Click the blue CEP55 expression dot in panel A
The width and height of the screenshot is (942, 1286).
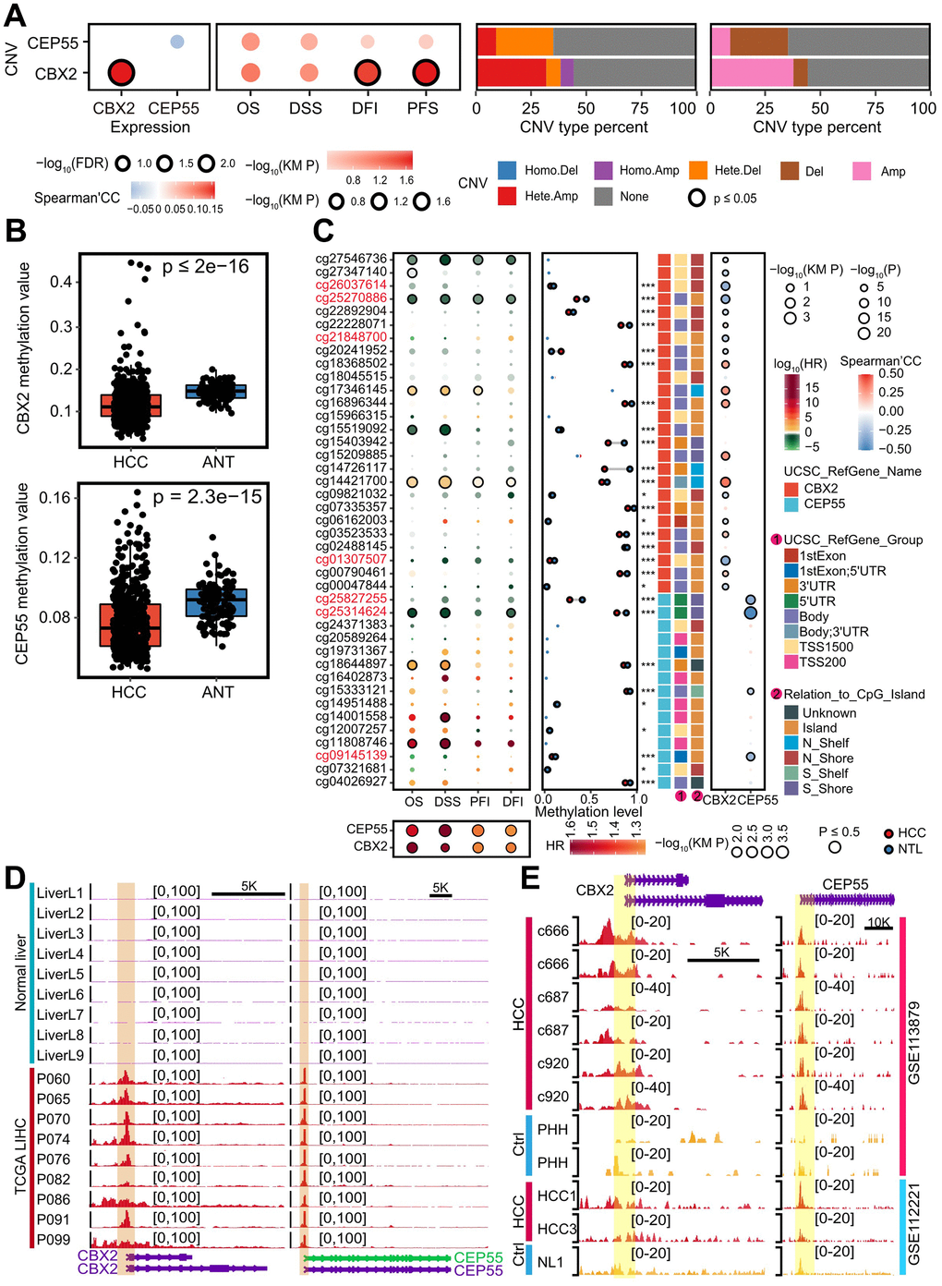[177, 42]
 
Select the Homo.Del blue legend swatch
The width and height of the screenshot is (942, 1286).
[506, 170]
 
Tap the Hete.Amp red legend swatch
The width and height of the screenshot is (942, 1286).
[506, 196]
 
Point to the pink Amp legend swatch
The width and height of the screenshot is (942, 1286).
[862, 171]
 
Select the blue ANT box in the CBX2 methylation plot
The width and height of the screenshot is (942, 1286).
[218, 392]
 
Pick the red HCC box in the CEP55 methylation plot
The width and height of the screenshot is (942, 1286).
[129, 625]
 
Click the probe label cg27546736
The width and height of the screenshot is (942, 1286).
[351, 259]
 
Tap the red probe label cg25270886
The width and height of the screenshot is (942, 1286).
[351, 298]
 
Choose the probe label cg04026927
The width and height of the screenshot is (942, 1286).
[351, 782]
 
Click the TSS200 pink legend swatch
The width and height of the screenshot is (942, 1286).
[791, 661]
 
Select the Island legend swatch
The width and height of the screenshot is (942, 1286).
[791, 728]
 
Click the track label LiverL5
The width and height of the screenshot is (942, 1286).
[60, 975]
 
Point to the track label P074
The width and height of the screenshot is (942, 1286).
[54, 1139]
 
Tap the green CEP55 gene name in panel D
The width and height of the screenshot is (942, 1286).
[477, 1257]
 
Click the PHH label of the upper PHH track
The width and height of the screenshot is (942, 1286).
[552, 1129]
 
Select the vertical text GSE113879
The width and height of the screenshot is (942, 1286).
[913, 1044]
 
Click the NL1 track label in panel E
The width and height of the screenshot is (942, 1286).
[550, 1262]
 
